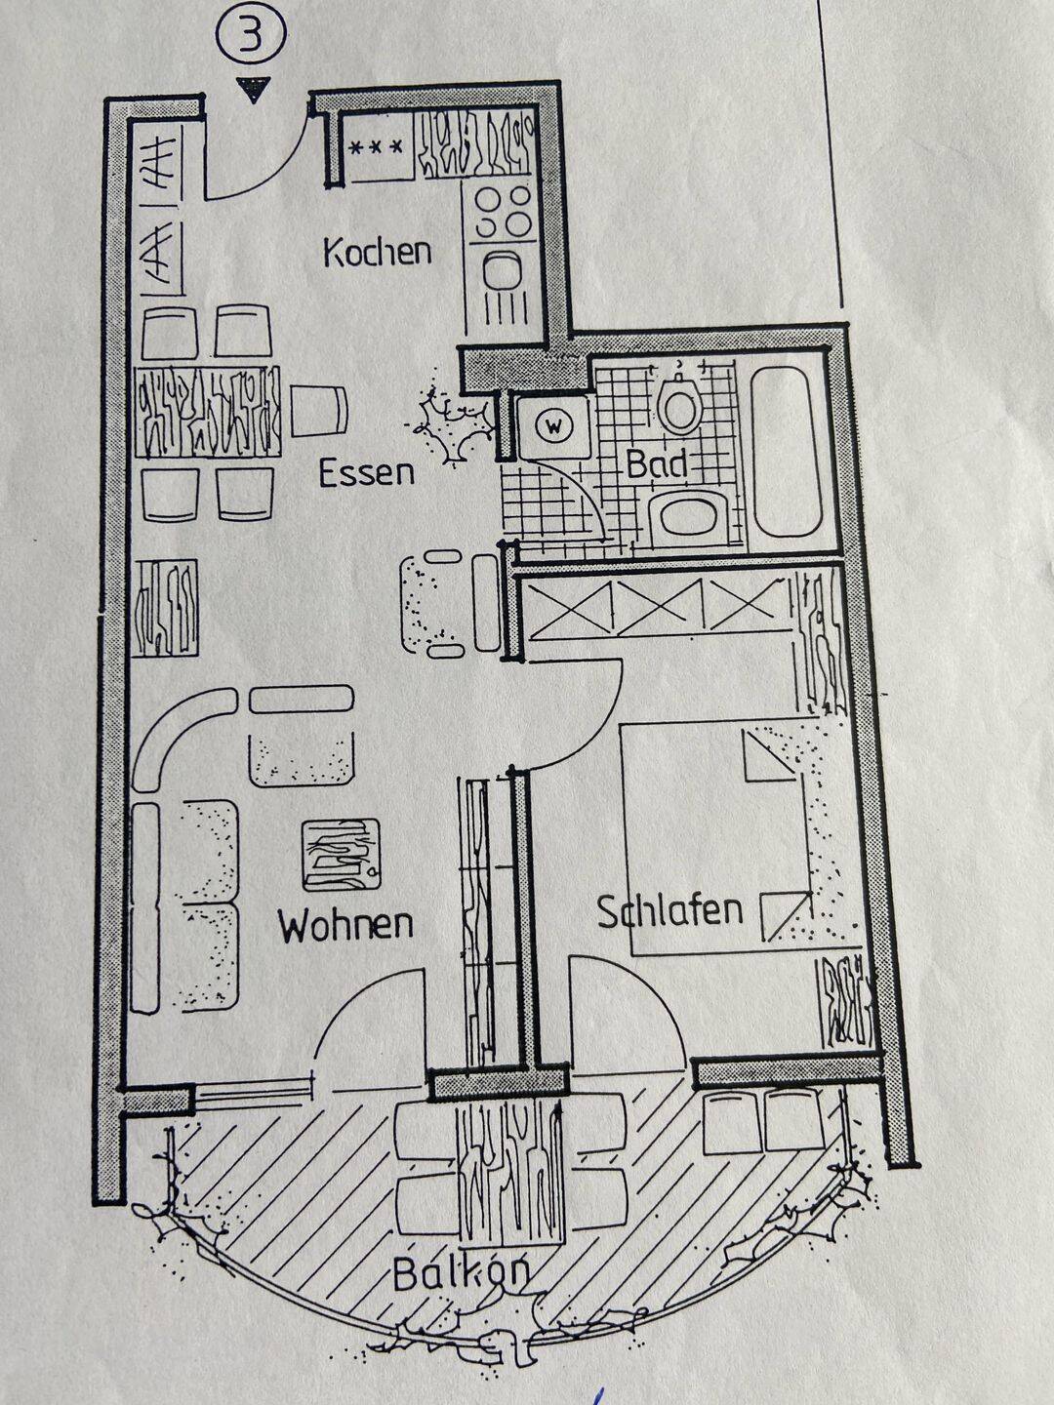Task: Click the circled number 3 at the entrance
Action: point(250,36)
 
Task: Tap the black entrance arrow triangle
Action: point(253,89)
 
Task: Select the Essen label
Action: point(366,473)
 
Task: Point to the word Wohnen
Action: point(346,925)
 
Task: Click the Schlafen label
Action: point(670,911)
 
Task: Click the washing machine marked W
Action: point(552,427)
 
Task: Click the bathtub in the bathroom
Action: point(788,452)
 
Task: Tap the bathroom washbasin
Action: point(688,516)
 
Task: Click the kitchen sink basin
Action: point(502,271)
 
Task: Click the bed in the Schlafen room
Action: point(743,838)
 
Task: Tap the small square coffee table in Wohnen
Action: point(342,856)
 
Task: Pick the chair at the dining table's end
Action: point(319,411)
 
